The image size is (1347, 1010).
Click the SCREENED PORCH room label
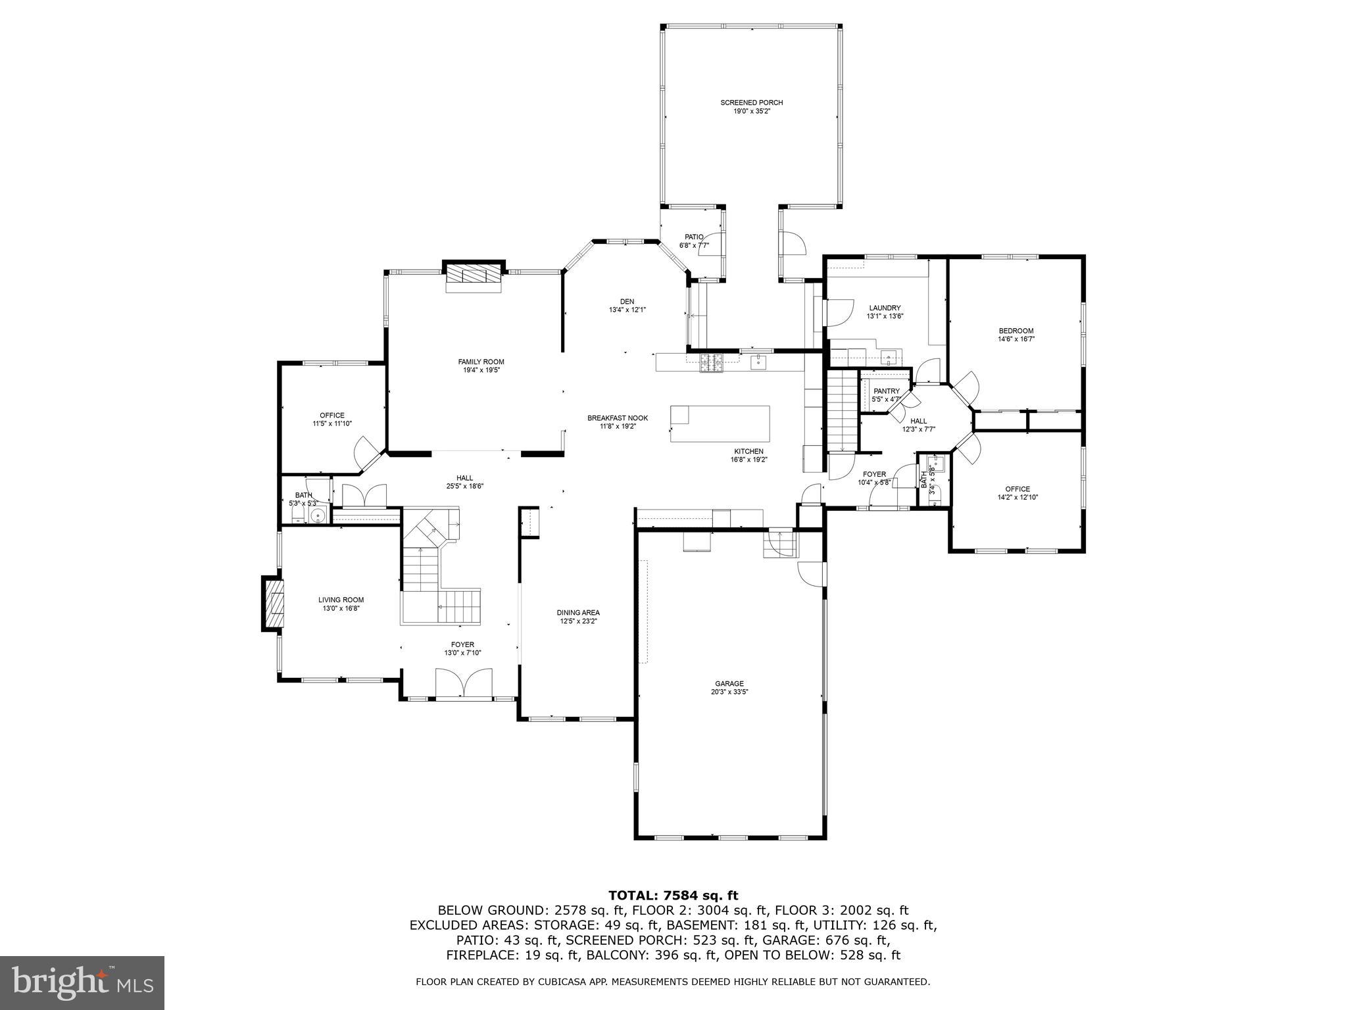pos(751,103)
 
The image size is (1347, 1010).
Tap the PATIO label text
pos(694,237)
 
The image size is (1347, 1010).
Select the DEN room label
pos(627,301)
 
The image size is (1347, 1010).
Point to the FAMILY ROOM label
pos(481,362)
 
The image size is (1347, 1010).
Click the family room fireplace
pos(474,277)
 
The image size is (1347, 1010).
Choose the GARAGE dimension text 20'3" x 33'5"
pos(730,692)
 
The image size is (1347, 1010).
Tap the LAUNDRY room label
pos(885,308)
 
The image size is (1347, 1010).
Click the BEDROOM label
pos(1016,331)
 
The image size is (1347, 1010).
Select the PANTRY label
pos(886,391)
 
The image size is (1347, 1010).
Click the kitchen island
pos(720,424)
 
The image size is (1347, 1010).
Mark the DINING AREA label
pos(578,612)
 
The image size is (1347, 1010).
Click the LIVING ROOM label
pos(341,600)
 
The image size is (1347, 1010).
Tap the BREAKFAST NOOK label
pos(617,418)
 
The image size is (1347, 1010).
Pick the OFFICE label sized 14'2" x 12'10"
pos(1017,489)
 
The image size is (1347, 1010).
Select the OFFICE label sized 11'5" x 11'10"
pos(332,415)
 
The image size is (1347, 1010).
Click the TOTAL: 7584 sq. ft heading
pos(673,895)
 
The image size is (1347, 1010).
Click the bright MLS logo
pos(82,983)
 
